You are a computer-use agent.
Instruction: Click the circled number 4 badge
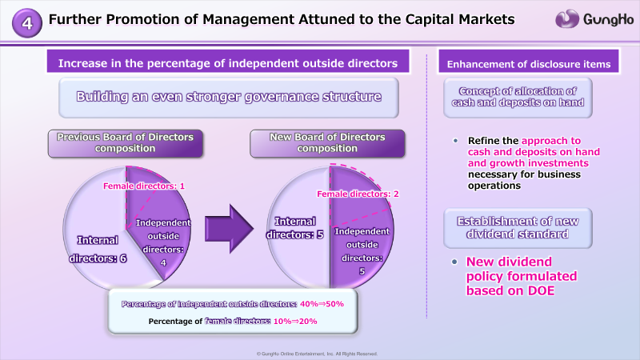click(x=27, y=23)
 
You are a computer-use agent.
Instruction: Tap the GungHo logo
click(x=594, y=19)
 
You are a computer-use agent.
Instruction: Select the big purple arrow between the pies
click(x=229, y=229)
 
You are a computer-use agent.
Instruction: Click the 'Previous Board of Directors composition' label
click(x=126, y=143)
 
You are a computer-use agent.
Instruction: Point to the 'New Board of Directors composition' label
click(x=327, y=143)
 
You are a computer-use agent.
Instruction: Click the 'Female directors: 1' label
click(x=144, y=186)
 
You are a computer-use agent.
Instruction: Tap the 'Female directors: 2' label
click(x=358, y=194)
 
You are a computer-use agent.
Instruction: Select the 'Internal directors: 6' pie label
click(x=98, y=249)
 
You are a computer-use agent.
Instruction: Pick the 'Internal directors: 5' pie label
click(x=294, y=228)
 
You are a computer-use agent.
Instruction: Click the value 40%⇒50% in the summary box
click(x=322, y=304)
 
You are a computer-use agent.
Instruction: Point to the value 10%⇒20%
click(x=295, y=322)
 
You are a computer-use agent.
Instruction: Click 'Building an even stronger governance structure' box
click(x=229, y=98)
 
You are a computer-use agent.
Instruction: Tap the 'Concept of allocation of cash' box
click(x=518, y=98)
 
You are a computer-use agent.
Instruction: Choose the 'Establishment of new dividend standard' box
click(x=518, y=228)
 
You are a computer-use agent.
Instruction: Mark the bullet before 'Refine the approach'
click(x=455, y=141)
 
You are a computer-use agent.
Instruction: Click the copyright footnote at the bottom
click(x=317, y=354)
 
